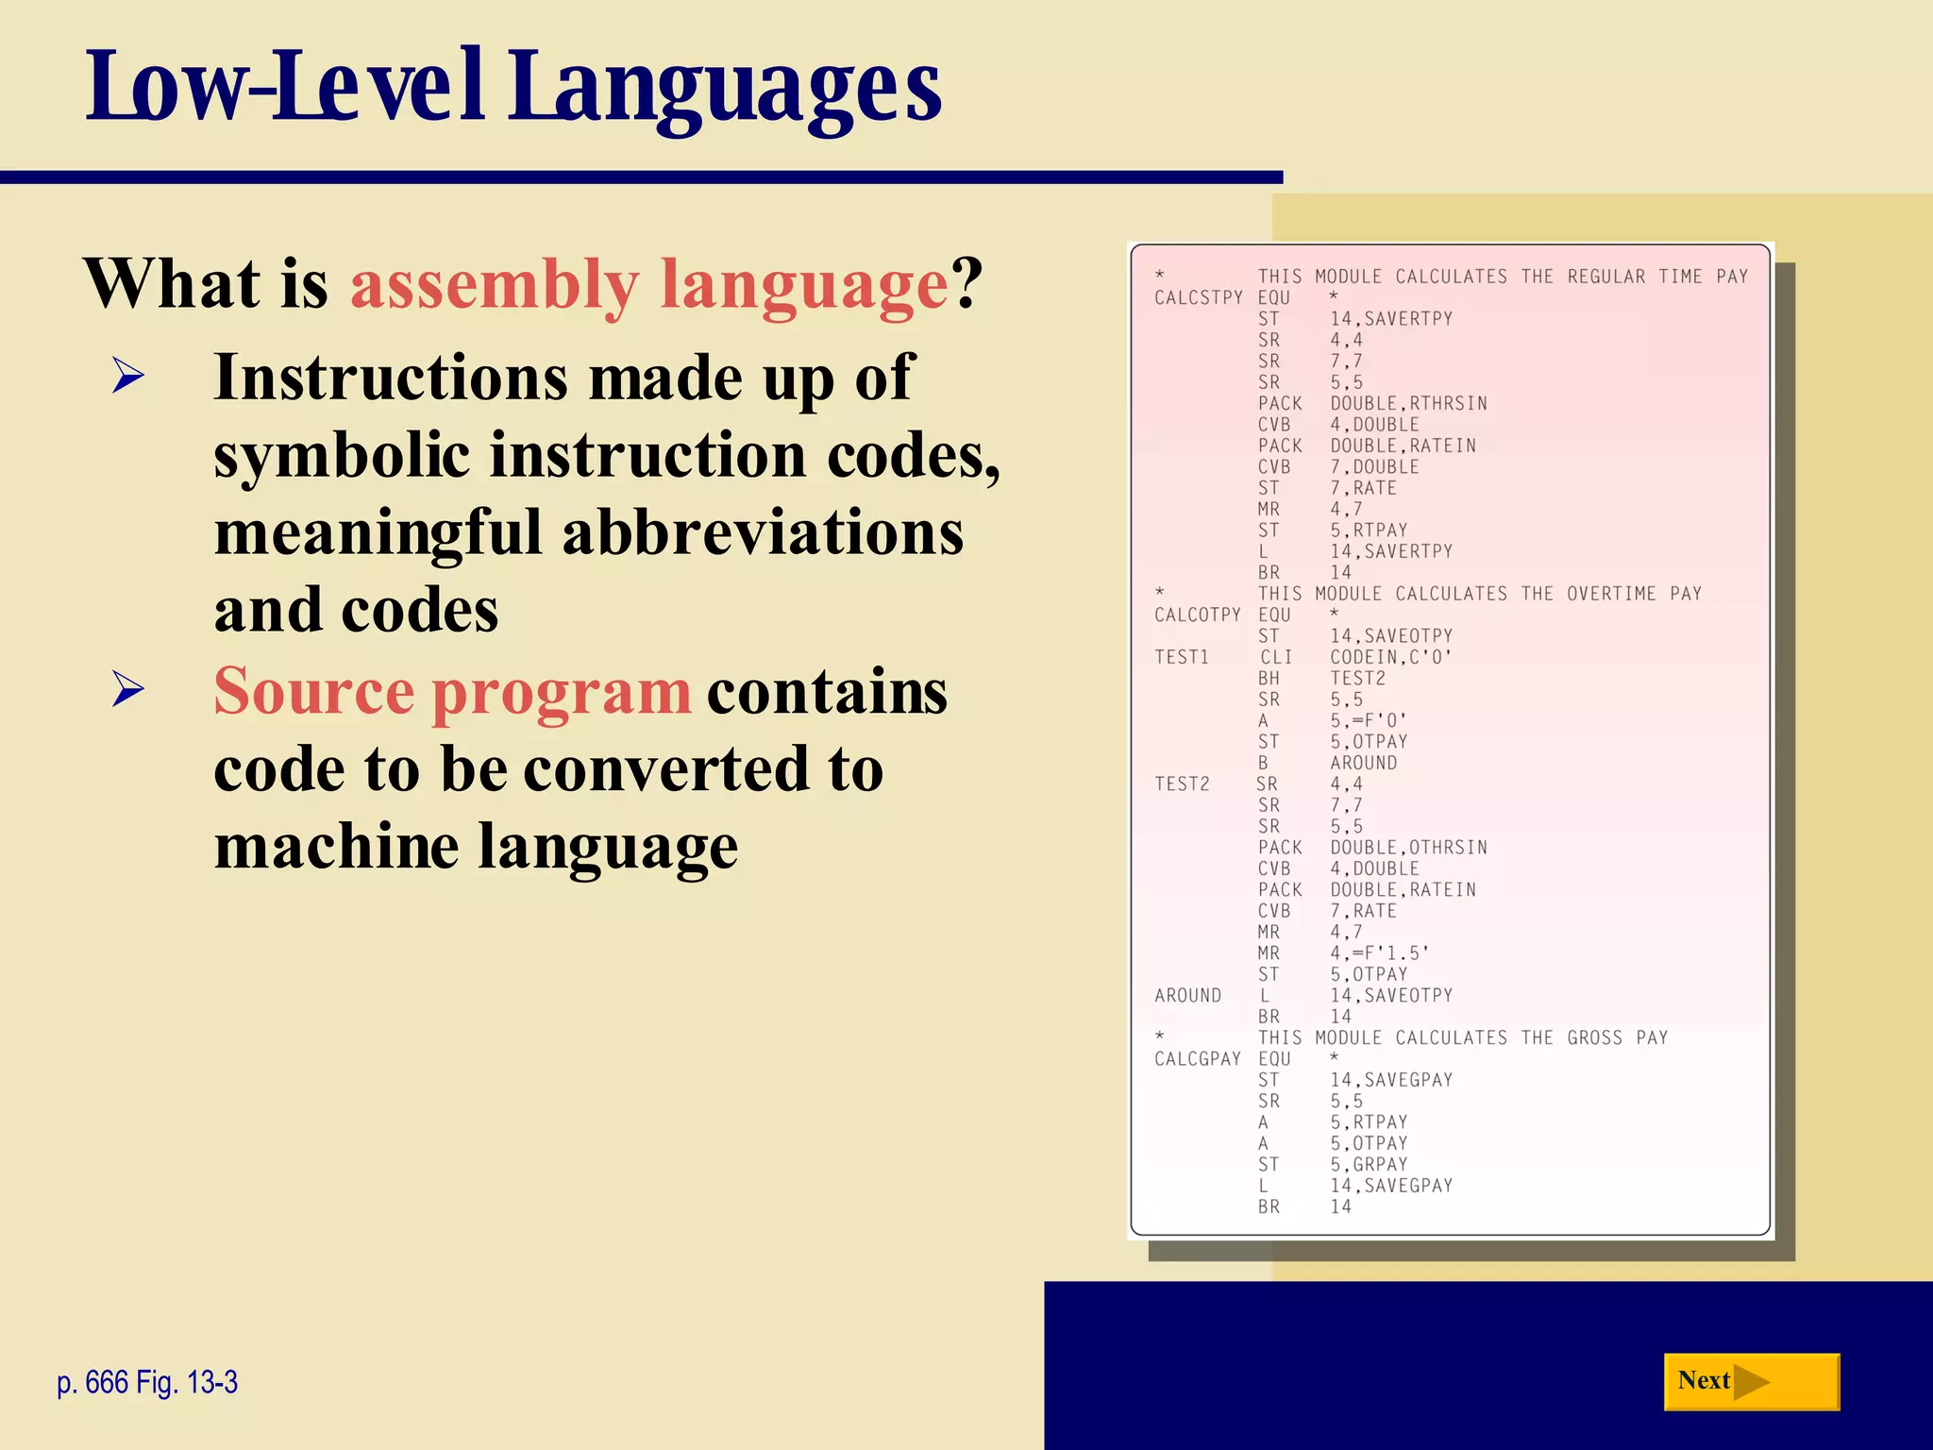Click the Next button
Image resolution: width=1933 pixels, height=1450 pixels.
coord(1751,1381)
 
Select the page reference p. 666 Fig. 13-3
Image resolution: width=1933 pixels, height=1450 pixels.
coord(147,1382)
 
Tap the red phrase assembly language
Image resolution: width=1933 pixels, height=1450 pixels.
coord(649,284)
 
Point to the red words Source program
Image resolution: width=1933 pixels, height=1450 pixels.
coord(453,691)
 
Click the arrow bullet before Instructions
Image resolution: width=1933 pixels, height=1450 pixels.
coord(127,377)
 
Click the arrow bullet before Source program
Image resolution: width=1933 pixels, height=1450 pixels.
coord(127,689)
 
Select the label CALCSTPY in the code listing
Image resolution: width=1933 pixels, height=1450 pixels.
coord(1199,297)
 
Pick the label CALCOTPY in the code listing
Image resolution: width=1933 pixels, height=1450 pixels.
coord(1198,615)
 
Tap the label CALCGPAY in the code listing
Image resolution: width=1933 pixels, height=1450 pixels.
coord(1198,1059)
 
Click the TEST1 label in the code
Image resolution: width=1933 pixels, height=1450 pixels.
coord(1182,657)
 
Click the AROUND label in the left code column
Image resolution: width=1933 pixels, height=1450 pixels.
coord(1187,996)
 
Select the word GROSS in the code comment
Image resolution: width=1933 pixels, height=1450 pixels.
coord(1595,1037)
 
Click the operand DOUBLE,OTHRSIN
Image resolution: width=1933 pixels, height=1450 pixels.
coord(1408,848)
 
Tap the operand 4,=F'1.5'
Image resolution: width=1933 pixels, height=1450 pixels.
coord(1379,953)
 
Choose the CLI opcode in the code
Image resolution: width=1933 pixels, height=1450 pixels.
coord(1276,657)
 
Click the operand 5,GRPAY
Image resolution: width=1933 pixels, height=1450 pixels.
coord(1369,1165)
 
